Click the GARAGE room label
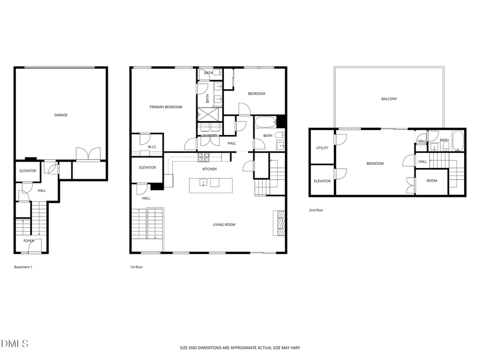point(61,115)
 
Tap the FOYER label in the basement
point(28,241)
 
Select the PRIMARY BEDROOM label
point(165,107)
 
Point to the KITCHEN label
point(209,169)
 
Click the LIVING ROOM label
point(223,225)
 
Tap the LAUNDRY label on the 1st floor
point(209,135)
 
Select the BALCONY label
point(389,99)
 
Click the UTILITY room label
point(322,148)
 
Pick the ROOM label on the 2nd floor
point(431,181)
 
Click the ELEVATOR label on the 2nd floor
point(322,181)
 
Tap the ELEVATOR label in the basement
point(28,171)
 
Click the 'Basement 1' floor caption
point(23,267)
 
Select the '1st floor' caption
point(136,267)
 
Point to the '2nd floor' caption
point(316,210)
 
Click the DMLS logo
point(14,343)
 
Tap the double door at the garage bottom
point(88,154)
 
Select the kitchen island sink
point(203,183)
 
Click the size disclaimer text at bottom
point(239,348)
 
